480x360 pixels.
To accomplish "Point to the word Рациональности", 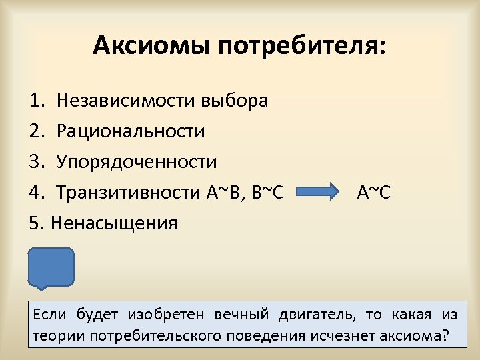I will click(x=131, y=131).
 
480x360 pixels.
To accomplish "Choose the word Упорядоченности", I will click(x=137, y=162).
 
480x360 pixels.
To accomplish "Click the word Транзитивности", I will click(x=126, y=193).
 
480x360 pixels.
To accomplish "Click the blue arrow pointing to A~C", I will click(x=319, y=193).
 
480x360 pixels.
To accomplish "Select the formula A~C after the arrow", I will click(x=374, y=193).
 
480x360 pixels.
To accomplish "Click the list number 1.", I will click(x=36, y=101).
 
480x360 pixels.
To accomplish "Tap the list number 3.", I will click(x=36, y=162).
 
